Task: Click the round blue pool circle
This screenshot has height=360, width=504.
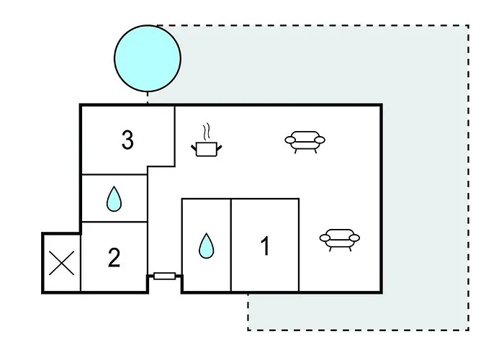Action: coord(148,58)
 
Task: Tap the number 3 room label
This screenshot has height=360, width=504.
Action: coord(127,140)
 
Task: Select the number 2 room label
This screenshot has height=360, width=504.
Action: coord(114,257)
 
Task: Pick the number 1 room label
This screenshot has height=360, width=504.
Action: coord(265,246)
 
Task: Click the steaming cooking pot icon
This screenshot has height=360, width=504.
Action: coord(207,140)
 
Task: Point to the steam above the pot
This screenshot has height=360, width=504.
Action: coord(207,132)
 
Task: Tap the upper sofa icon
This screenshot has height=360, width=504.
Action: coord(305,142)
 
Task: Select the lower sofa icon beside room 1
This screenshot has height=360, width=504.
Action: coord(340,240)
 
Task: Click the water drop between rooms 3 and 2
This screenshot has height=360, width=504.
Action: coord(114,199)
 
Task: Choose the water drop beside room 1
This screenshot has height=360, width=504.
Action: coord(207,246)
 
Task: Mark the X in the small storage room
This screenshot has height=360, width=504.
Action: coord(62,264)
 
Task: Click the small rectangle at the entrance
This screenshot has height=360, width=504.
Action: coord(165,276)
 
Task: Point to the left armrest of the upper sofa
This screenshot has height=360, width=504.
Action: coord(290,140)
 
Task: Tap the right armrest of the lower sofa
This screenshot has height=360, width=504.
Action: coord(354,238)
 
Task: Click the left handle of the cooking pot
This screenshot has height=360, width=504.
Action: coord(194,148)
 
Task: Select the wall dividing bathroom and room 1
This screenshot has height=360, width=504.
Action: coord(231,246)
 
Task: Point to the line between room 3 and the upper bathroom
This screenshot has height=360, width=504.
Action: coord(114,175)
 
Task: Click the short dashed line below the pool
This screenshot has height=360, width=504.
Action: coord(148,98)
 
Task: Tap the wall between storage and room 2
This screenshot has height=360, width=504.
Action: coord(81,263)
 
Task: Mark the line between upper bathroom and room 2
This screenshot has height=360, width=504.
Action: coord(114,222)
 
